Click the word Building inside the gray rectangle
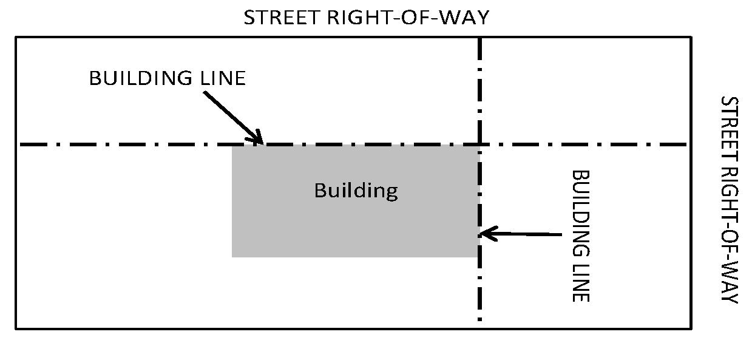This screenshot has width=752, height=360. (x=356, y=191)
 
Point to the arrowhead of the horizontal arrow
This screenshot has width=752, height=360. (x=484, y=233)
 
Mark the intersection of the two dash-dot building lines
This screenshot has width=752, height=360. (x=480, y=144)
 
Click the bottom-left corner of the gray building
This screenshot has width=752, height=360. (x=232, y=257)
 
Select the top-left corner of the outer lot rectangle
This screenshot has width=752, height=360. (x=16, y=37)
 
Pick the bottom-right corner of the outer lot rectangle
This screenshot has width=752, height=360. (x=691, y=328)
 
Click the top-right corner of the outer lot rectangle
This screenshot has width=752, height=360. (x=691, y=37)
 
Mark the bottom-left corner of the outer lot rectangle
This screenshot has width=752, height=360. (x=16, y=328)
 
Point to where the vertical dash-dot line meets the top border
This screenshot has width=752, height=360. (x=480, y=38)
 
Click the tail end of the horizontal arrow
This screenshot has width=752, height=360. (x=563, y=234)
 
